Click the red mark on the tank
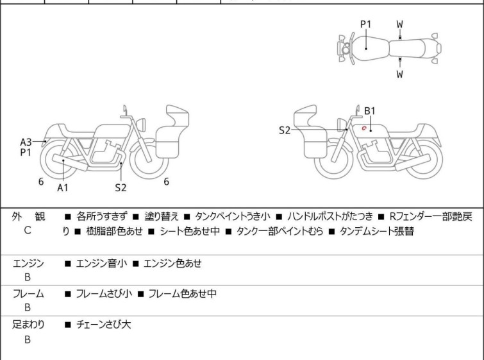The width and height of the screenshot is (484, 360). [364, 128]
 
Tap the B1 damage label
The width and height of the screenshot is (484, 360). [370, 110]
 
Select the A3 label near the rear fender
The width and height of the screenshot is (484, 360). [26, 142]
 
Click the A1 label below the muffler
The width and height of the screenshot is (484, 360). [62, 187]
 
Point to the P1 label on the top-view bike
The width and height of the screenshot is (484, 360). [365, 24]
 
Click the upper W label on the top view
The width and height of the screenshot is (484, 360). [399, 24]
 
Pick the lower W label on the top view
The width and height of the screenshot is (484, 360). [399, 74]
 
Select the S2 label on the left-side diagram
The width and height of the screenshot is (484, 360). [121, 187]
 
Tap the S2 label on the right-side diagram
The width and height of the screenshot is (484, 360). [285, 130]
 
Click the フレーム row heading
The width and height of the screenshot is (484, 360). [28, 293]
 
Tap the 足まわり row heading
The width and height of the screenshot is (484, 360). [28, 325]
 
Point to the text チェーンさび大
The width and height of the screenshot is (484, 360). [103, 325]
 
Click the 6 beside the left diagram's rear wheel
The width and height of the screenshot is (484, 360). [40, 182]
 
